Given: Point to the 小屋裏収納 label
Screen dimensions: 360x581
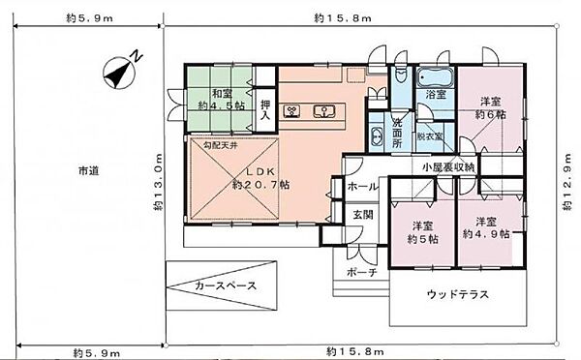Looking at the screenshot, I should (x=448, y=167).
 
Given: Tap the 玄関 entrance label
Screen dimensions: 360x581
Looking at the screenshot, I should (x=364, y=214).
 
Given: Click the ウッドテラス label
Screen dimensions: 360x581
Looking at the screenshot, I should (x=455, y=294).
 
